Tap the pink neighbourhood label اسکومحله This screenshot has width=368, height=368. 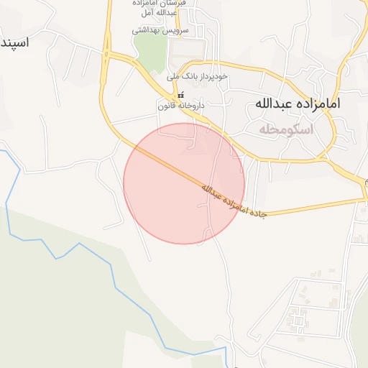286,129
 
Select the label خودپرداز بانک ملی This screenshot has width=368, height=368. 197,75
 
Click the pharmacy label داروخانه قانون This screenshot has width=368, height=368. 182,106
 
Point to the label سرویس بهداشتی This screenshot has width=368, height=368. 160,31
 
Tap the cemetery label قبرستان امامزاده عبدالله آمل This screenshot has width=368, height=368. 160,9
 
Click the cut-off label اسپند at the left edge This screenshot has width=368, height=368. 14,42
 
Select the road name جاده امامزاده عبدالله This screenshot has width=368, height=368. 234,201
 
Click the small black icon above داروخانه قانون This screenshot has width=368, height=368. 180,95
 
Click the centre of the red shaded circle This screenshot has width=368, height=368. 184,183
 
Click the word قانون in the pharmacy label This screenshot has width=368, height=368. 169,106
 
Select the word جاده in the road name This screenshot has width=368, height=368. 262,213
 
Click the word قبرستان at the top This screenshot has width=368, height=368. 175,4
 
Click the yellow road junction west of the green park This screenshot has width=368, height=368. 108,54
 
